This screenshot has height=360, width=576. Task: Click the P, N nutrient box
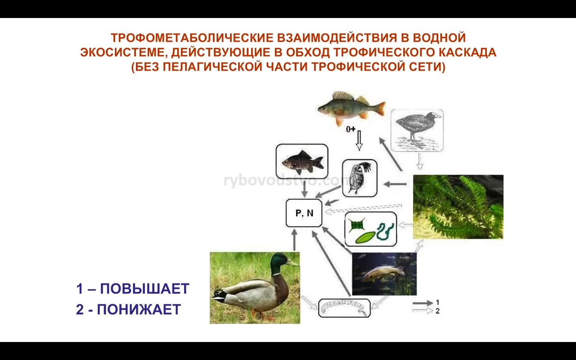(304, 213)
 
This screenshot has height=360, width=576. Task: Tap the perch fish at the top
(351, 108)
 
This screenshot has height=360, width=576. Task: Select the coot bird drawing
(417, 130)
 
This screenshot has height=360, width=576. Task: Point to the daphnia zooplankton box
(360, 178)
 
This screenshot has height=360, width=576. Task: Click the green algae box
(370, 229)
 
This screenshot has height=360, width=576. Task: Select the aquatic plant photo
(458, 207)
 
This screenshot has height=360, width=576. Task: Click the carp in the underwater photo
(382, 274)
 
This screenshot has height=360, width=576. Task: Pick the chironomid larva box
(344, 308)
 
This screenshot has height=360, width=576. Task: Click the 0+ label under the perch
(351, 129)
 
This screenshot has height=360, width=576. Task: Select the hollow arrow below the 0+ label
(359, 140)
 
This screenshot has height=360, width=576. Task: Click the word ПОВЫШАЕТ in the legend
(144, 288)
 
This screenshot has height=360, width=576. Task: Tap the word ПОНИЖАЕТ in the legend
(139, 309)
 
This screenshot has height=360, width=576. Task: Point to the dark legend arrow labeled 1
(423, 303)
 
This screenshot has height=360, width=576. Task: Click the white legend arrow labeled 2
(423, 310)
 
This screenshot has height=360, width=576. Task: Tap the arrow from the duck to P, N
(295, 240)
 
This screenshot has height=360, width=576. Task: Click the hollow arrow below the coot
(420, 162)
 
